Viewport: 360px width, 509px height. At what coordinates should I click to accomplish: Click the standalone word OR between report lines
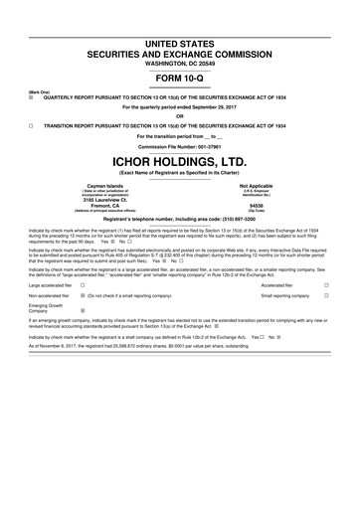pos(179,117)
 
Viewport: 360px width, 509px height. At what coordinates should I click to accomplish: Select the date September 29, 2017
pos(223,107)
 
